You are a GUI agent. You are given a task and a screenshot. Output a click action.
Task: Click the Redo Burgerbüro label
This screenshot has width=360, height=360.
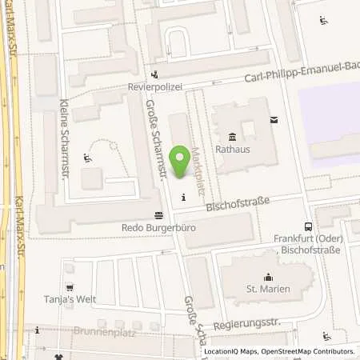(158, 227)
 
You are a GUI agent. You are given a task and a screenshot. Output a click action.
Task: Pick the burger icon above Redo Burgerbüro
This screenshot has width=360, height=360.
(158, 214)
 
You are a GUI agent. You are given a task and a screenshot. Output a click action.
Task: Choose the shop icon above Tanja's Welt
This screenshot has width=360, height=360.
(70, 288)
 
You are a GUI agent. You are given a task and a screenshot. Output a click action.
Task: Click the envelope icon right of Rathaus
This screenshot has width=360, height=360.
(274, 120)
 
